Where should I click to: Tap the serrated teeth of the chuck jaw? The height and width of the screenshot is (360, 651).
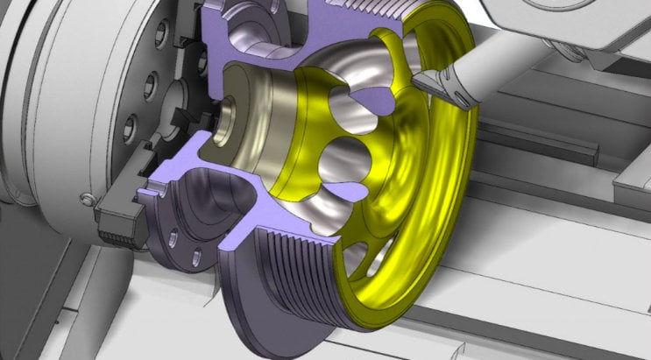(x=118, y=229)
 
